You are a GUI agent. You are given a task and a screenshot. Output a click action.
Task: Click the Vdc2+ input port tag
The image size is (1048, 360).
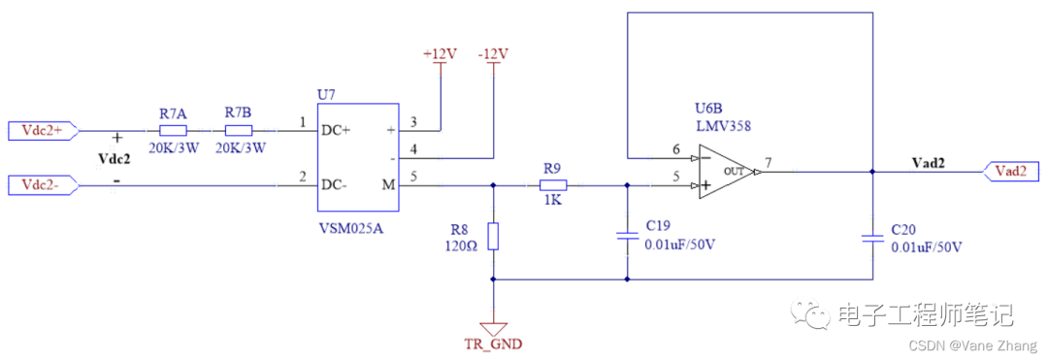point(42,130)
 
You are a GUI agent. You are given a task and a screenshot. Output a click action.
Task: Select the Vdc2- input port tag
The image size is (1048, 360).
point(42,183)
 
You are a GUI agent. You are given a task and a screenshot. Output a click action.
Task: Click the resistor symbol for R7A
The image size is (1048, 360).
point(173,130)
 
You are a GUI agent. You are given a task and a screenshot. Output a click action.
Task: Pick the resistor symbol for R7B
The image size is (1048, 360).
point(238,130)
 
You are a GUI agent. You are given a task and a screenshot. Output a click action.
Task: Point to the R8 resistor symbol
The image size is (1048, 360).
point(494,236)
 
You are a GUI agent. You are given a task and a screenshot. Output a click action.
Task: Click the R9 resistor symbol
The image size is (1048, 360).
point(553,183)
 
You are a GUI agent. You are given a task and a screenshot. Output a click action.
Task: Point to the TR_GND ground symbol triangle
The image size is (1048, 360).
point(494,328)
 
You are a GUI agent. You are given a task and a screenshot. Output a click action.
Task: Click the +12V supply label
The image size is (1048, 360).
point(440,54)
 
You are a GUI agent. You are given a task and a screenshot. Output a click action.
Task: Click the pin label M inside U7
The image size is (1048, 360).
point(389,184)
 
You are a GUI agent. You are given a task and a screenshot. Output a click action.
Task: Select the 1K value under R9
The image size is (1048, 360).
point(552,200)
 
